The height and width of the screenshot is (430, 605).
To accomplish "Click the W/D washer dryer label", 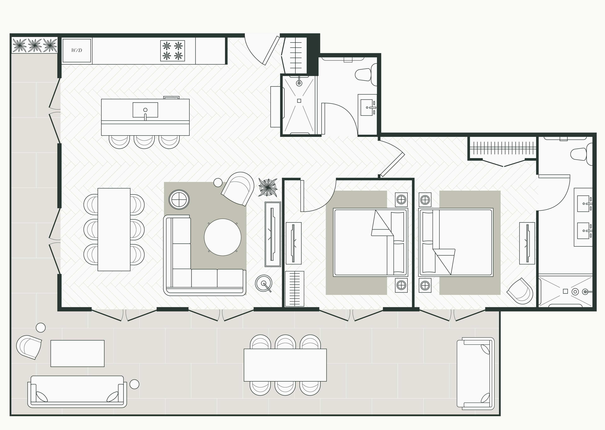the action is pos(77,50).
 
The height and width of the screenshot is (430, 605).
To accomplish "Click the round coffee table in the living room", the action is pos(223,237).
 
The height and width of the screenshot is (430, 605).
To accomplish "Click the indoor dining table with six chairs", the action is pos(114,229).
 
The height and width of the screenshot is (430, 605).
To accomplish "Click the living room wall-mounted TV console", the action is pos(273,234).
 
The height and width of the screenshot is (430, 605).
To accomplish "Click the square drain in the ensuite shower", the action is pos(565,291).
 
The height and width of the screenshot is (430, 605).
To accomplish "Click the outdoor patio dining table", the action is pos(285,365).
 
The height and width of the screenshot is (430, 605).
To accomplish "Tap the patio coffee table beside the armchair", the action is pos(78,353).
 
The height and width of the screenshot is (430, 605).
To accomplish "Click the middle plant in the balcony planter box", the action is pos(35,45).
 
